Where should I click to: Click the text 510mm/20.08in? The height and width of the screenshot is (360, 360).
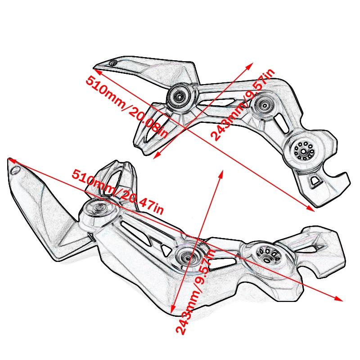click(x=126, y=106)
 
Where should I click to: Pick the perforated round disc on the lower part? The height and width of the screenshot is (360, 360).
click(x=266, y=255)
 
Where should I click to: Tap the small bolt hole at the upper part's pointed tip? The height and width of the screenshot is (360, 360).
click(x=113, y=63)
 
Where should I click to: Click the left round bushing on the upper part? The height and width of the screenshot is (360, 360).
click(x=180, y=96)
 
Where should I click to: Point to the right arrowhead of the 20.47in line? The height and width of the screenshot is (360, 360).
click(x=340, y=299)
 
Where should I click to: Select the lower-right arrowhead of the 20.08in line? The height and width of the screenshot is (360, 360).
click(x=311, y=209)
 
